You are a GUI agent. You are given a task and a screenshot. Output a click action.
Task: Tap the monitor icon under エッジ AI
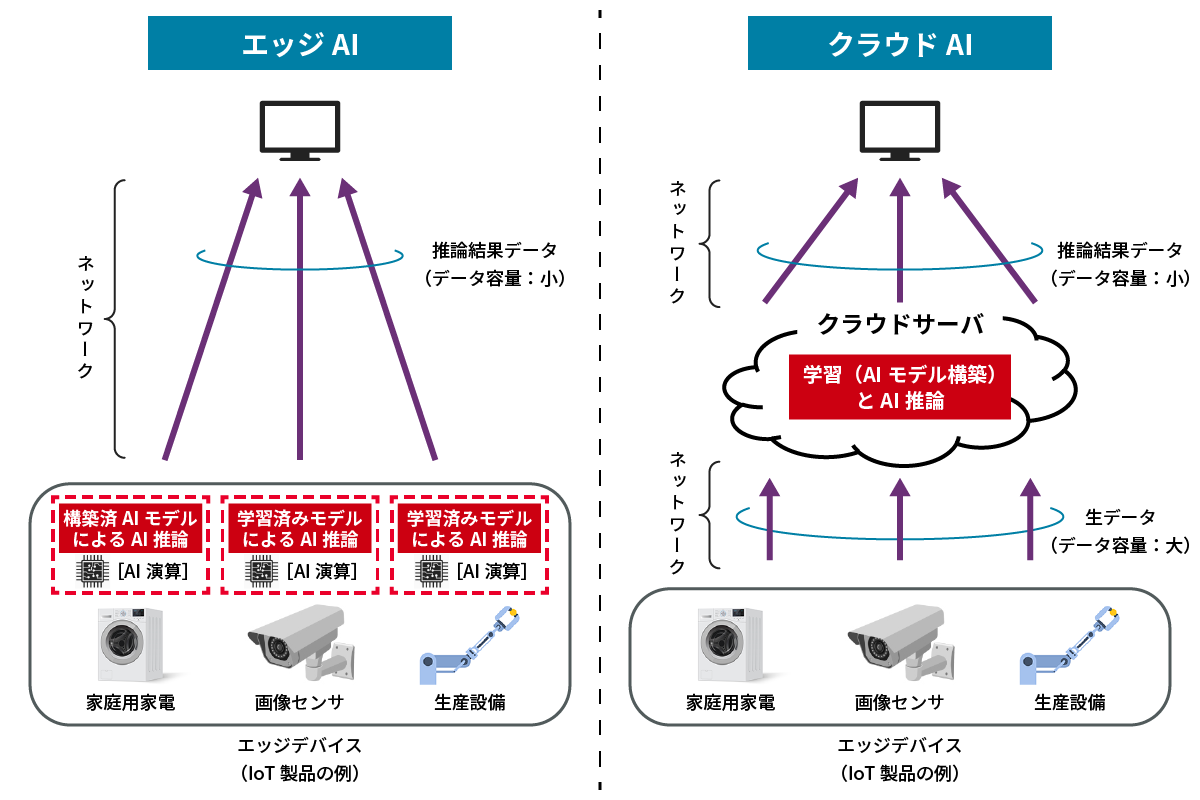click(x=299, y=130)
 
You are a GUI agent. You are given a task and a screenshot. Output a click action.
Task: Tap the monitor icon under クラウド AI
click(x=899, y=130)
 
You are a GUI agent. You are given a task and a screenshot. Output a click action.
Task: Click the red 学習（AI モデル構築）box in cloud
click(x=899, y=388)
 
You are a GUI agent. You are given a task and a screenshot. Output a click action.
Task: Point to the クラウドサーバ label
click(x=899, y=325)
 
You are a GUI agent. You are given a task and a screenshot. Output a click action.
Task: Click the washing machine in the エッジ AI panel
click(x=130, y=645)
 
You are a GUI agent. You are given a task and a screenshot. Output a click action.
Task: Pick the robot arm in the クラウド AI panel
click(x=1068, y=645)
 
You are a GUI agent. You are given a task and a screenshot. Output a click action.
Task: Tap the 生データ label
click(x=1120, y=517)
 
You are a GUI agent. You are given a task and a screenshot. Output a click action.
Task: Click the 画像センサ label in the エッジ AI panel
click(x=299, y=702)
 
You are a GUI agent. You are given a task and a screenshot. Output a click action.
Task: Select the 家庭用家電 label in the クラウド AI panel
click(x=730, y=702)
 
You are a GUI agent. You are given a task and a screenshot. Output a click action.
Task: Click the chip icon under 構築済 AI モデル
click(x=92, y=572)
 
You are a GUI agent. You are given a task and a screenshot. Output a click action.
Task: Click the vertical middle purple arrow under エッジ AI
click(x=299, y=320)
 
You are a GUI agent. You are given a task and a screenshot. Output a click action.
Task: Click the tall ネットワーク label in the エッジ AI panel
click(x=87, y=316)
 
